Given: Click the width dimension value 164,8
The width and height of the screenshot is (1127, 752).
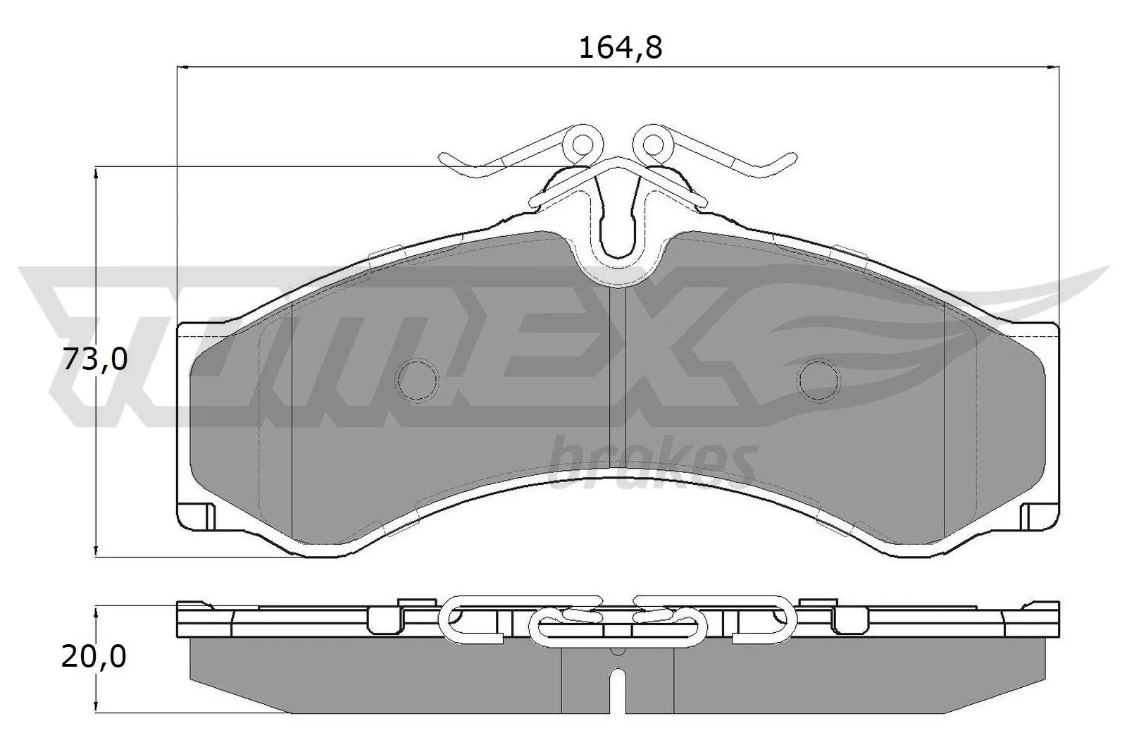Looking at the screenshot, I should (620, 47).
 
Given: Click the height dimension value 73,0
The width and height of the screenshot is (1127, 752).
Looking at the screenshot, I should (95, 360).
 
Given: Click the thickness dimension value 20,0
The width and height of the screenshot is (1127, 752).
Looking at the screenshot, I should (95, 657).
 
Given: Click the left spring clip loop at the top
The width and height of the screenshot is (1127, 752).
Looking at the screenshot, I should (583, 144).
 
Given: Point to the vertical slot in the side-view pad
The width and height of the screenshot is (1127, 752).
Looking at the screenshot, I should (618, 691).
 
